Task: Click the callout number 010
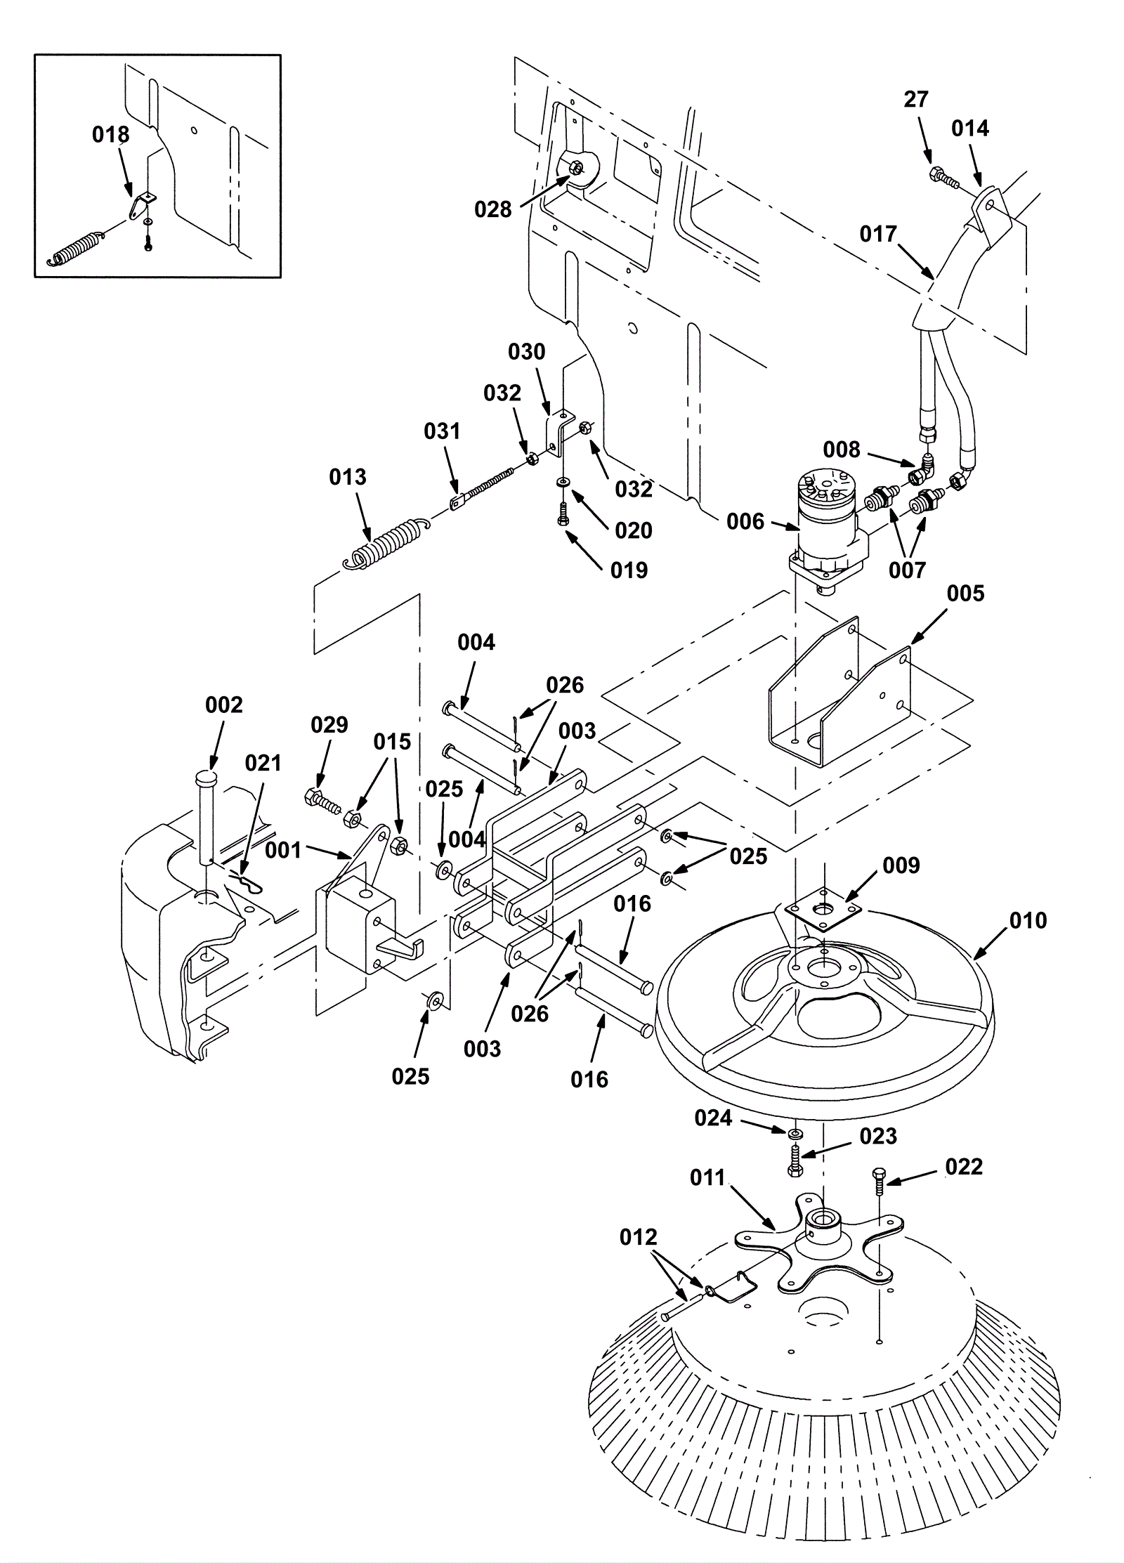[x=1027, y=921]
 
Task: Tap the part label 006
[x=745, y=521]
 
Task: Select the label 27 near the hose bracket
[x=915, y=100]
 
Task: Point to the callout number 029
[x=329, y=725]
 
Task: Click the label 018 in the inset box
[x=110, y=135]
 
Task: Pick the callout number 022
[x=964, y=1167]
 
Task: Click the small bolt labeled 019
[x=561, y=514]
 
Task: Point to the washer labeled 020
[x=563, y=483]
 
